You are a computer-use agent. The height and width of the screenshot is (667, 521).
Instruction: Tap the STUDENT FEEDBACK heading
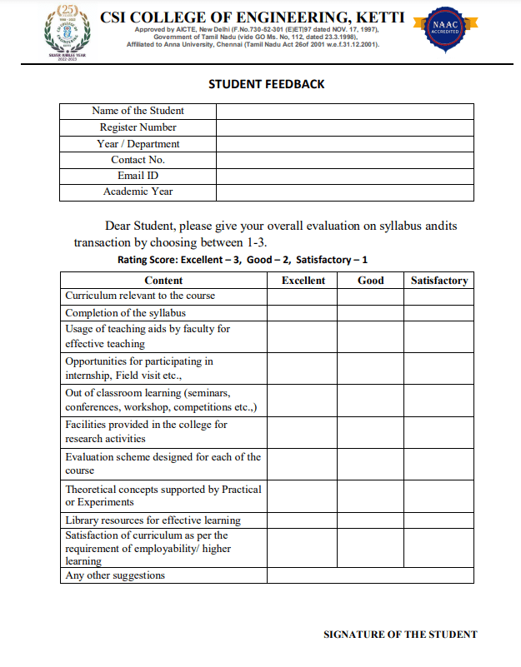point(266,84)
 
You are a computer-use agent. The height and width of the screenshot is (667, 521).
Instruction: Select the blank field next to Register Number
point(344,127)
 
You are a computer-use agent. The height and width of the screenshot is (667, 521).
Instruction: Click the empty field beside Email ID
point(344,176)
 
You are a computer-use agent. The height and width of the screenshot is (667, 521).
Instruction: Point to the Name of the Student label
point(138,111)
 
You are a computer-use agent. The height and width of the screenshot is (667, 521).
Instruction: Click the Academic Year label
point(138,192)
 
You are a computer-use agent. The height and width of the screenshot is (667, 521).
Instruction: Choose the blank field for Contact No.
point(344,160)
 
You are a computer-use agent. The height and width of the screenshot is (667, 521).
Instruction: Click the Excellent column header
point(303,281)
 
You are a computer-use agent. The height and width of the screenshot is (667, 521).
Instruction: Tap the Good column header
point(370,281)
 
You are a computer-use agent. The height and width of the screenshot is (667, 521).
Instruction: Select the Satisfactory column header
point(438,281)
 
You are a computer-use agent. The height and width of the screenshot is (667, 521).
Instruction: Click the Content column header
point(163,281)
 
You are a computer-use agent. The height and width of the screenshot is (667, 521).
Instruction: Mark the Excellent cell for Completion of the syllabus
point(303,313)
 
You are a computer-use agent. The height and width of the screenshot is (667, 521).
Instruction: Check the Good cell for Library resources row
point(370,520)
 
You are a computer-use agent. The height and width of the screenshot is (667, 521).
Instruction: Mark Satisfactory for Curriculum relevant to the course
point(438,296)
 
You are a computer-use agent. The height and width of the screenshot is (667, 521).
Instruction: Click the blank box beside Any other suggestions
point(370,575)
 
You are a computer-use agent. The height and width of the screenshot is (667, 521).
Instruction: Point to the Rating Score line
point(243,260)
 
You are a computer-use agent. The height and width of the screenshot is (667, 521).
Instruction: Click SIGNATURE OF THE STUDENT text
point(400,635)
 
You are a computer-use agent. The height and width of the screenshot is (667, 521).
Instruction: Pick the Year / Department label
point(138,144)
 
